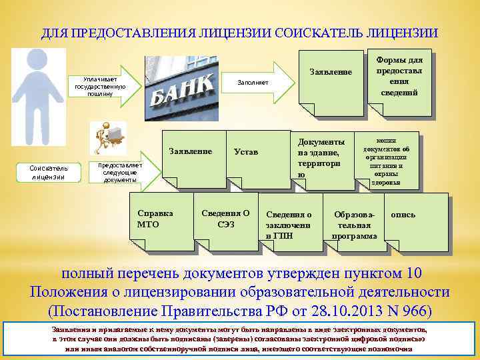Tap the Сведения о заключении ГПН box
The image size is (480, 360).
[289, 224]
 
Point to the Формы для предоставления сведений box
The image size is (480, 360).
[399, 76]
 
